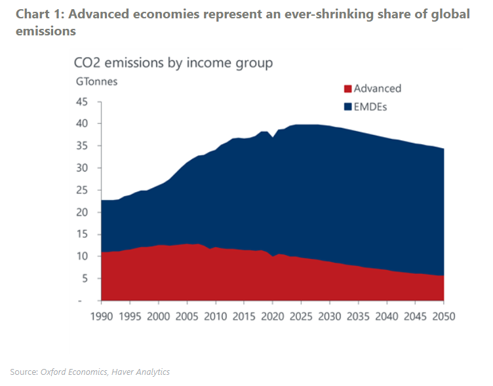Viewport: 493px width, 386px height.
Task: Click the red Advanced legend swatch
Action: click(x=349, y=89)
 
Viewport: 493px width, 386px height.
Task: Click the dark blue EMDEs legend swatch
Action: click(x=349, y=107)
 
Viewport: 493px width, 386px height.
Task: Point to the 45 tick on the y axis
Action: click(x=82, y=102)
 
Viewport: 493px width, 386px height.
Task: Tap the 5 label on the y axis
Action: click(x=85, y=279)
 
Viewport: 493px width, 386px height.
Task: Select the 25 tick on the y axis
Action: click(x=82, y=190)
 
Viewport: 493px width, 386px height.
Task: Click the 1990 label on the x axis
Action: click(x=101, y=316)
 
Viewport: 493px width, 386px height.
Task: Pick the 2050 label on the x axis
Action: click(x=443, y=316)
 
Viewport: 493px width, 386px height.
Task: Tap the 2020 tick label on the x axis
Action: click(x=272, y=316)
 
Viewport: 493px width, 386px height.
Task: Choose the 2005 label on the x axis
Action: click(x=186, y=316)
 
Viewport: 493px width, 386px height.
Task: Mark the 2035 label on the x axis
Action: click(x=357, y=316)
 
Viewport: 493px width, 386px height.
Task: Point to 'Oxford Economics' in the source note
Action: click(x=74, y=372)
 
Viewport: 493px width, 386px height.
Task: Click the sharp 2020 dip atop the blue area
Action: click(x=272, y=138)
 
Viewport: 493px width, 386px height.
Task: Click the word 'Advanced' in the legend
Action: click(x=378, y=89)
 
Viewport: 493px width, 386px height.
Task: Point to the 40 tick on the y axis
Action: click(x=82, y=124)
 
